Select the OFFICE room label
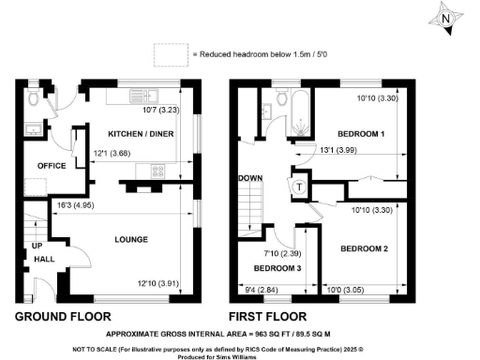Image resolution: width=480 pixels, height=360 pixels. click(52, 165)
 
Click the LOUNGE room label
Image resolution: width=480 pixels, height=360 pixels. click(130, 239)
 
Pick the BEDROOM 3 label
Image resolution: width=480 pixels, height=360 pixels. click(277, 268)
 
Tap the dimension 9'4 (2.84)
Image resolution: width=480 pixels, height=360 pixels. click(266, 290)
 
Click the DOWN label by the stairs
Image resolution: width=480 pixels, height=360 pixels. click(250, 177)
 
